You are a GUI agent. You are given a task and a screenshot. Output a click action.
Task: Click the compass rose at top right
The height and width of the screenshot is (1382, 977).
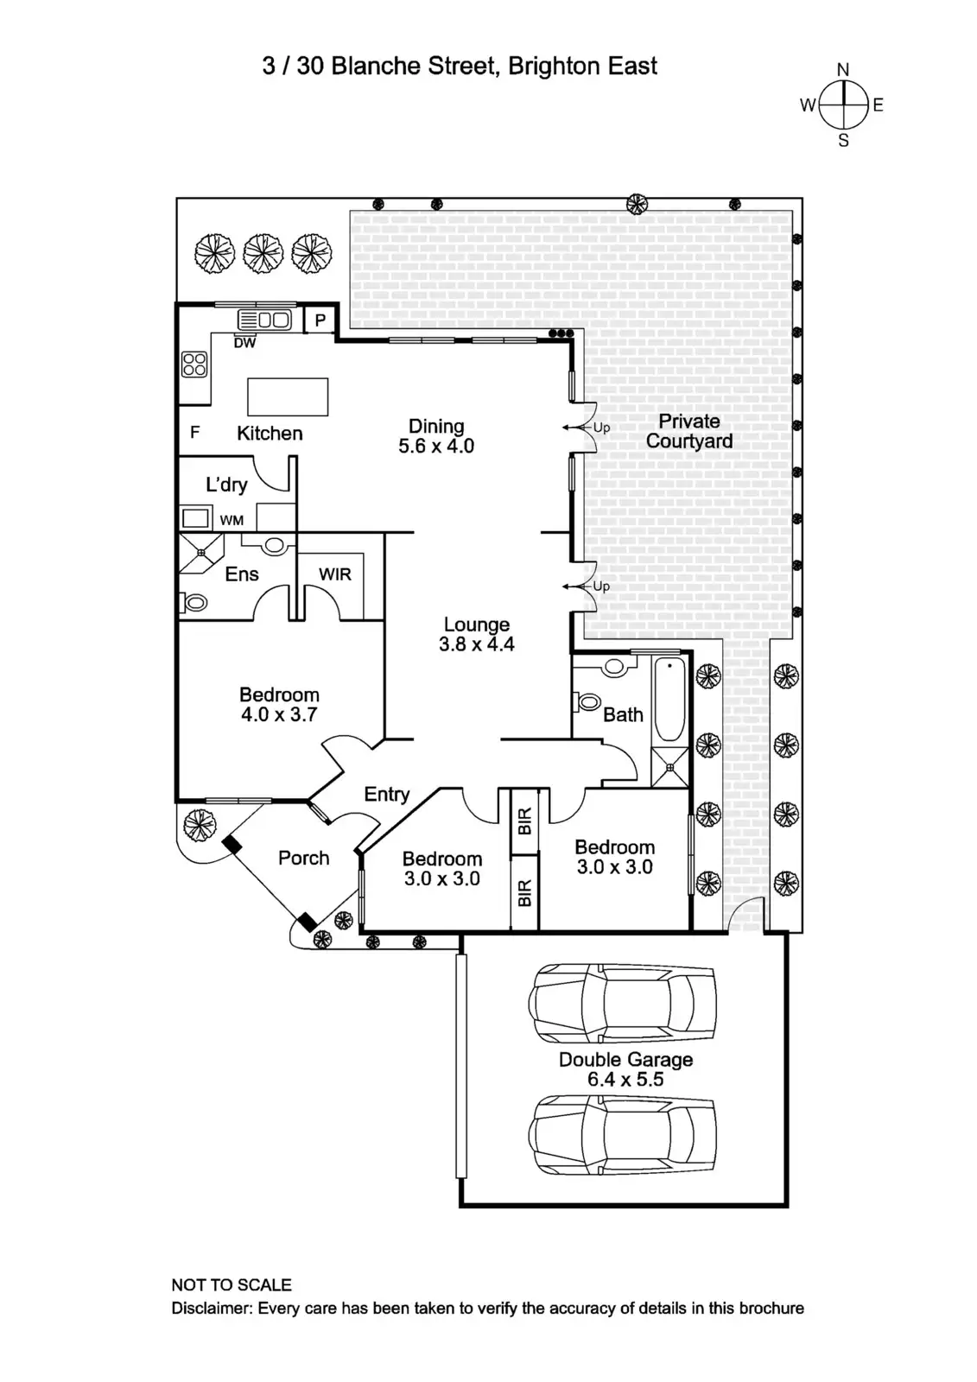click(x=842, y=105)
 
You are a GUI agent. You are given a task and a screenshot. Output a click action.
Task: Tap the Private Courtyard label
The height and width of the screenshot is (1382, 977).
click(x=688, y=431)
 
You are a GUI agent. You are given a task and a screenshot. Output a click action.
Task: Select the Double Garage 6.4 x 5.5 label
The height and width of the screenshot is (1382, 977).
click(x=625, y=1069)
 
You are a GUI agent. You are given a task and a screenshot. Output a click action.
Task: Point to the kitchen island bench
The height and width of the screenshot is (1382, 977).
click(x=288, y=396)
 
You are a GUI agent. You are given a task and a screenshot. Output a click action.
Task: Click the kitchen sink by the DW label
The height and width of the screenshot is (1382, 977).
click(x=265, y=320)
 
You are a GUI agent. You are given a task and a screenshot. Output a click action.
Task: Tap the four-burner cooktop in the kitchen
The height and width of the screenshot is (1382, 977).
click(x=194, y=365)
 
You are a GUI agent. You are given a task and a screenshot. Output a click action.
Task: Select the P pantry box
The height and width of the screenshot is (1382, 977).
click(x=320, y=320)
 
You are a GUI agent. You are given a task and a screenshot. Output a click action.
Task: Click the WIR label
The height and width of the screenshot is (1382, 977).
click(x=335, y=574)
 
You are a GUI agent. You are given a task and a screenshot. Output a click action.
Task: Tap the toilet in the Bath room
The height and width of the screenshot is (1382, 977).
click(x=589, y=701)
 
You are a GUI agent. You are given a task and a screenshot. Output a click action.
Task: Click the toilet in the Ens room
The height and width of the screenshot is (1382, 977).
click(x=195, y=602)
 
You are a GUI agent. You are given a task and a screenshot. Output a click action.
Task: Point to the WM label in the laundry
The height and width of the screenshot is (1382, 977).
click(x=232, y=520)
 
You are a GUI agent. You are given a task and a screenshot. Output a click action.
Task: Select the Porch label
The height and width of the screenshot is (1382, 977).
click(x=303, y=858)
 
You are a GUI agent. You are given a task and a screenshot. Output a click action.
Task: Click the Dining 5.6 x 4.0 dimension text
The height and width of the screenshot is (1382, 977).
click(x=436, y=447)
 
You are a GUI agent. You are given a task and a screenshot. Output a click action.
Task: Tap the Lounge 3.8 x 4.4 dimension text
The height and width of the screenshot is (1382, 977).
click(x=476, y=644)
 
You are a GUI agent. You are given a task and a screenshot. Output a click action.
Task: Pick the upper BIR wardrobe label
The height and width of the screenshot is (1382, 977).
click(x=524, y=821)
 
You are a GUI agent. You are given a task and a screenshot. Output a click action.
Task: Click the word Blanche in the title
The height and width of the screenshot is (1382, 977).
click(x=371, y=67)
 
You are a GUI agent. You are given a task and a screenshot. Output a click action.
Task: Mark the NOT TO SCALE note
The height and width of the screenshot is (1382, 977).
click(x=232, y=1284)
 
